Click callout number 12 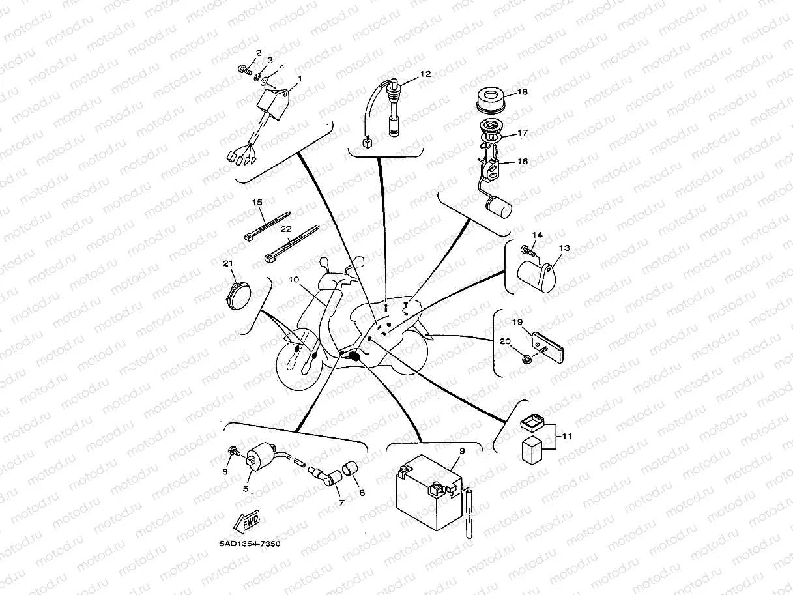(x=425, y=74)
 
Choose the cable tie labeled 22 (x=291, y=244)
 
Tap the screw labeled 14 (x=528, y=248)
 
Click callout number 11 (x=566, y=436)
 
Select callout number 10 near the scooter (x=293, y=279)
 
